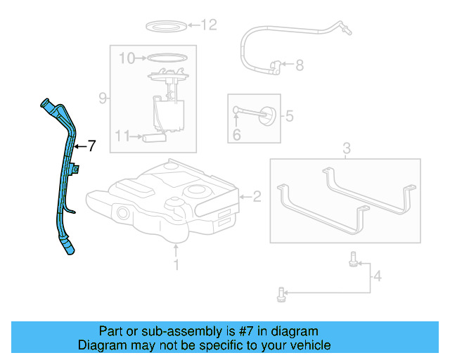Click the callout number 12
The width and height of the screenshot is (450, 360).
coord(209,25)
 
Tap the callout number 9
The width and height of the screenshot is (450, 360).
coord(103,98)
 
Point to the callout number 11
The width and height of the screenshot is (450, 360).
coord(122,136)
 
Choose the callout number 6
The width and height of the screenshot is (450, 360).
coord(91,146)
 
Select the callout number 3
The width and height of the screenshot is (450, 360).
coord(346,148)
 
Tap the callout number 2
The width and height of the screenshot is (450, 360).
coord(257,197)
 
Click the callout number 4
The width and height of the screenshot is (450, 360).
coord(378,276)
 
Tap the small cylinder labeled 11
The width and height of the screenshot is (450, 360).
coord(154,138)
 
